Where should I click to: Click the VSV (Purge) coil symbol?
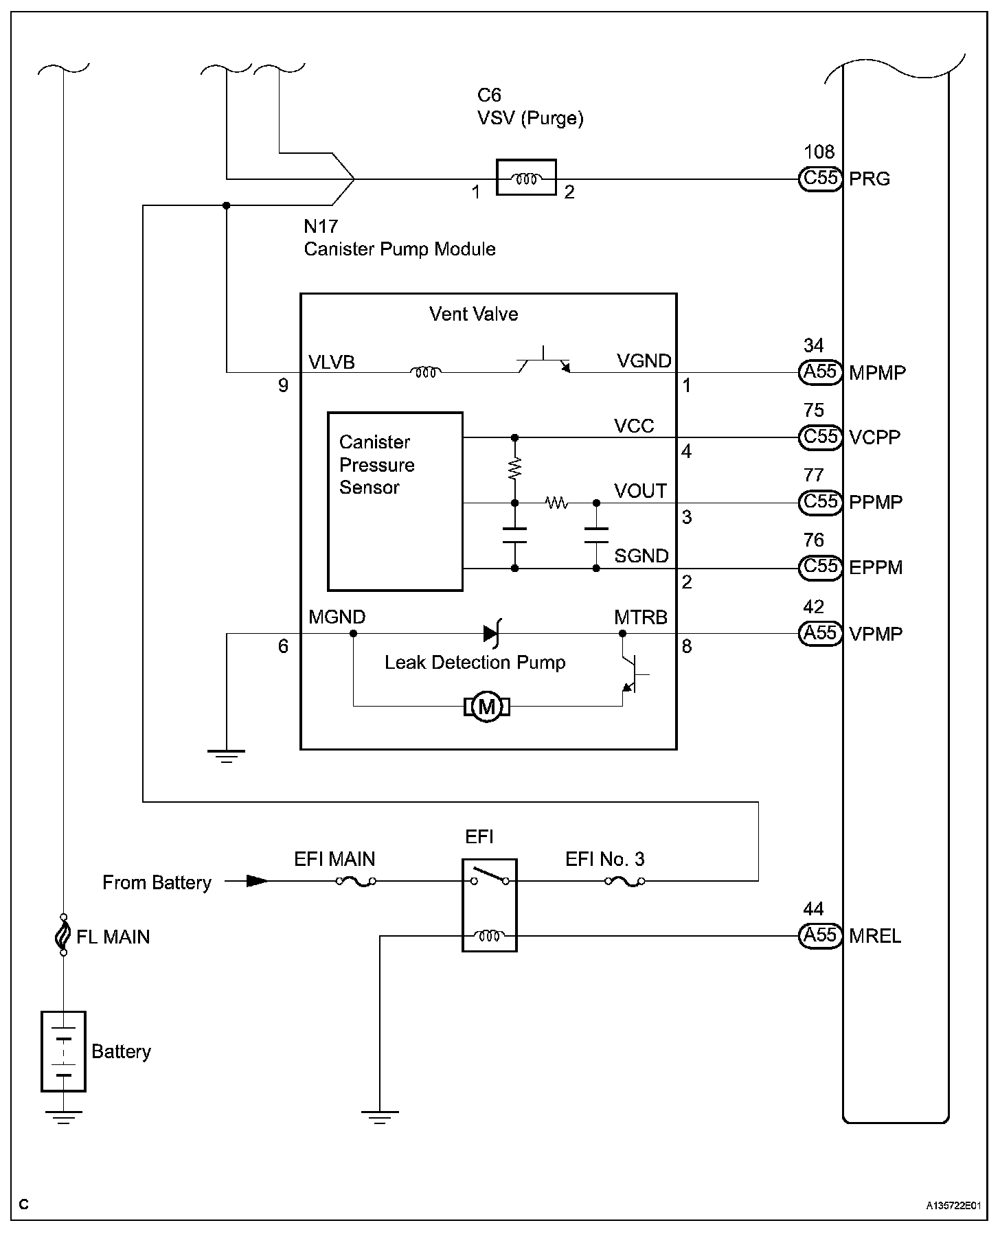pos(525,179)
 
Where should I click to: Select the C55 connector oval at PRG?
pos(820,179)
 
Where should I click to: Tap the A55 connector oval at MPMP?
pos(820,372)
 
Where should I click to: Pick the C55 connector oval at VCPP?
pos(820,437)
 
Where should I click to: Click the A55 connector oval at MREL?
pos(820,935)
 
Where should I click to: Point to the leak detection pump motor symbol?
pos(487,706)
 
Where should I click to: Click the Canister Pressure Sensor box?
pos(395,501)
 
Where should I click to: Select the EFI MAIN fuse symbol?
pos(356,881)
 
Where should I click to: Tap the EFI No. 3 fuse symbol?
pos(624,881)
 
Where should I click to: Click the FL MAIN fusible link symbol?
pos(63,935)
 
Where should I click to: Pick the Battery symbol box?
pos(63,1051)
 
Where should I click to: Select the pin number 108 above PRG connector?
pos(819,152)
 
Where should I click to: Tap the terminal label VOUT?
pos(640,491)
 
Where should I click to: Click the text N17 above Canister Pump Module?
pos(321,226)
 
